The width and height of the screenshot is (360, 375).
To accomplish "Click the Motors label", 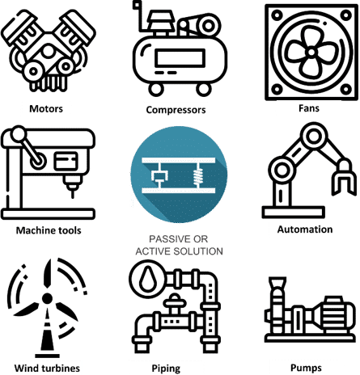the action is click(46, 109).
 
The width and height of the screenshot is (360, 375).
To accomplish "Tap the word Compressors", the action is click(176, 110).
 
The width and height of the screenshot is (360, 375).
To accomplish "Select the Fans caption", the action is click(309, 108).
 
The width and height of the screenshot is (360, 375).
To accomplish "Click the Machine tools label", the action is click(49, 230).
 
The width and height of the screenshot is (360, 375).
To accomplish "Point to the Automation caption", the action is click(305, 230).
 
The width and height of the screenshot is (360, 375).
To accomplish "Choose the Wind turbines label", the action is click(47, 368).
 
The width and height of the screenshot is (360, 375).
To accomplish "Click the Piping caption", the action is click(166, 369).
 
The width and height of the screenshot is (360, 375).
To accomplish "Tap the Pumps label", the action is click(306, 368).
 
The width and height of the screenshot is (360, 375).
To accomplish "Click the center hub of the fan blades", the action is click(311, 52).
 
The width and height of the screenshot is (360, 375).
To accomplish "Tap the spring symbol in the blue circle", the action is click(198, 175).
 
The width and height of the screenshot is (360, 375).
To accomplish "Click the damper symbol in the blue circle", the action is click(159, 175).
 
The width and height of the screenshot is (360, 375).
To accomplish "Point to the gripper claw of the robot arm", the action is click(344, 178).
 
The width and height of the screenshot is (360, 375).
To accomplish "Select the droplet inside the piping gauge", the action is click(148, 279).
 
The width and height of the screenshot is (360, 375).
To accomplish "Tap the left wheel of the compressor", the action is click(156, 89).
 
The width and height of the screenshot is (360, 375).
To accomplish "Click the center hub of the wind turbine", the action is click(48, 298).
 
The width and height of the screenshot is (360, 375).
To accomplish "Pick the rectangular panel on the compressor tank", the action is click(180, 58).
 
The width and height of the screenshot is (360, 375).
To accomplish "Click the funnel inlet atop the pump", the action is click(277, 283).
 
